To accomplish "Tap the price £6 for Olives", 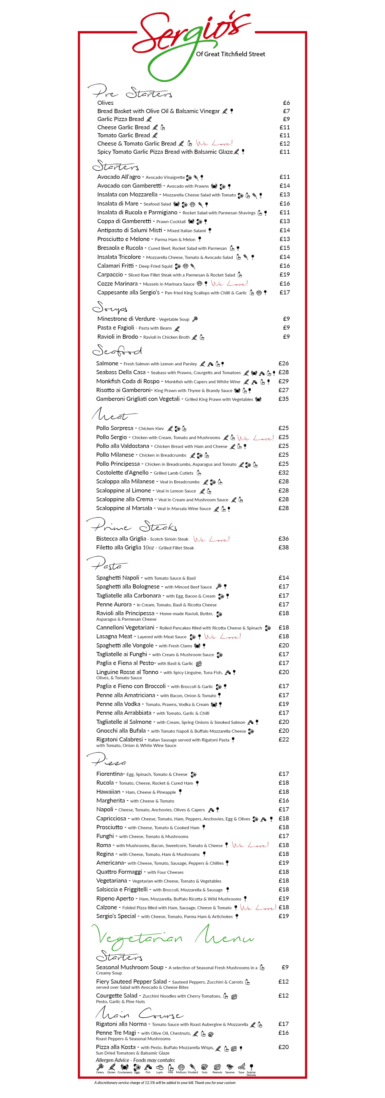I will [x=286, y=103].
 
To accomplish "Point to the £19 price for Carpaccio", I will [x=285, y=275].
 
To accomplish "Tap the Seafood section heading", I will [x=117, y=351].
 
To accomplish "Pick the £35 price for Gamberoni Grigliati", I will [x=283, y=399].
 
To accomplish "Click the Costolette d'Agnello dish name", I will [x=122, y=473].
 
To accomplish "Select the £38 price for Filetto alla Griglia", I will [x=283, y=547].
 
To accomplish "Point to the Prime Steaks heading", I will [x=132, y=525].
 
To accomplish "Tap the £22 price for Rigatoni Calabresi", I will [x=284, y=740].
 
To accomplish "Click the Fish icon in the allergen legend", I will [x=148, y=1068].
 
